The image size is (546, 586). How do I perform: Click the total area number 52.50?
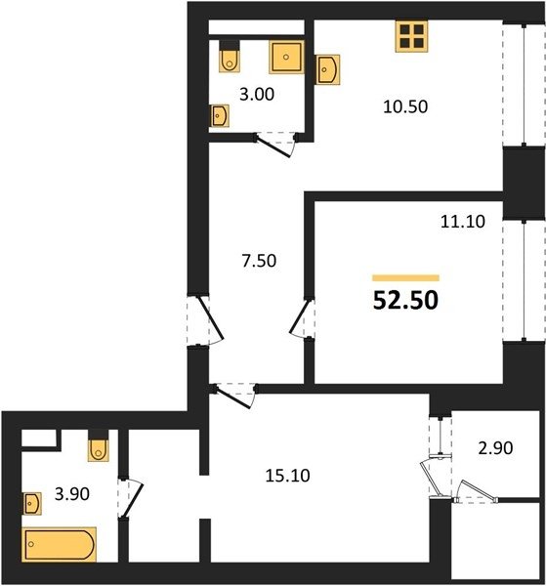(405, 300)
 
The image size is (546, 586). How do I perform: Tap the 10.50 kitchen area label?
(405, 106)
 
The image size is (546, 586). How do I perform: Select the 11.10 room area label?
(463, 222)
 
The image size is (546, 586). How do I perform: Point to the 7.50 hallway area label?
(259, 261)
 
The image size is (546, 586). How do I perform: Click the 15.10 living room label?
(288, 476)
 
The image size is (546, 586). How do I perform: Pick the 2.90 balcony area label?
(495, 448)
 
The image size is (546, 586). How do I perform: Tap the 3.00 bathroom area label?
(257, 95)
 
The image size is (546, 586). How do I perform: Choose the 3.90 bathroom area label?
(72, 494)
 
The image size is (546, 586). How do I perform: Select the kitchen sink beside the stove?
(327, 69)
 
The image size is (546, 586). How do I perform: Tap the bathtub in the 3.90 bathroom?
(59, 545)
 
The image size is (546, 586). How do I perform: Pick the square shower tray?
(286, 57)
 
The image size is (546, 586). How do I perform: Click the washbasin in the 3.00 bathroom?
(219, 115)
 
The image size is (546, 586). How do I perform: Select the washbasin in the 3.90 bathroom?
(32, 503)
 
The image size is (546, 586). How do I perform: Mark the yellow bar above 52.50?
(405, 277)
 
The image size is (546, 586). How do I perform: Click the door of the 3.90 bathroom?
(130, 498)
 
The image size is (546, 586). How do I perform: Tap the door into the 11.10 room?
(302, 317)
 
